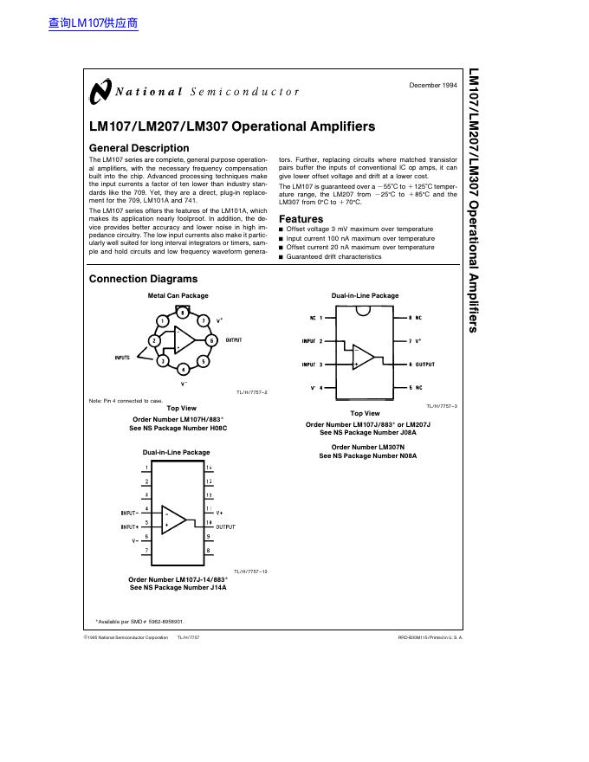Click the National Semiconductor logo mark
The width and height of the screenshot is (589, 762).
pyautogui.click(x=100, y=91)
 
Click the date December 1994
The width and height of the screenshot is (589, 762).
pyautogui.click(x=432, y=85)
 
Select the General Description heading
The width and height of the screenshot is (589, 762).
pyautogui.click(x=139, y=148)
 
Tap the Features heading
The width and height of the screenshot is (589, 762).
pyautogui.click(x=301, y=219)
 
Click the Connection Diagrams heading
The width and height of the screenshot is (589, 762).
pyautogui.click(x=143, y=279)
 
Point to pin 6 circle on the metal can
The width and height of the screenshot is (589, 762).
pyautogui.click(x=211, y=340)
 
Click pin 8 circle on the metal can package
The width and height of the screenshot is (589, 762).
pyautogui.click(x=182, y=313)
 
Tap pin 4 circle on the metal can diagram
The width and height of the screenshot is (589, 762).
pyautogui.click(x=183, y=369)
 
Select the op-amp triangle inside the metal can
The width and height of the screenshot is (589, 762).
pyautogui.click(x=184, y=340)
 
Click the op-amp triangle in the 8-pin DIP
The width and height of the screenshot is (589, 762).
pyautogui.click(x=363, y=357)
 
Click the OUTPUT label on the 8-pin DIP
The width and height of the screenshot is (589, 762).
pyautogui.click(x=424, y=365)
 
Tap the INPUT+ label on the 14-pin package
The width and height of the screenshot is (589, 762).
pyautogui.click(x=130, y=526)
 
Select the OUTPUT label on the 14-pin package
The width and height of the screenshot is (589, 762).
pyautogui.click(x=225, y=526)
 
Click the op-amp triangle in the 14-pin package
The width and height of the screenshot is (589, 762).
pyautogui.click(x=174, y=519)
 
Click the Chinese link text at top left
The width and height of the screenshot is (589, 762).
pyautogui.click(x=94, y=23)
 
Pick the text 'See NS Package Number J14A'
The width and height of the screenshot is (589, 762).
pyautogui.click(x=178, y=588)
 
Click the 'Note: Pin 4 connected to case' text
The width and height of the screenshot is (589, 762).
pyautogui.click(x=126, y=401)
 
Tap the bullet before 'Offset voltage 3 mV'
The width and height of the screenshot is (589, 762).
pyautogui.click(x=281, y=229)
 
